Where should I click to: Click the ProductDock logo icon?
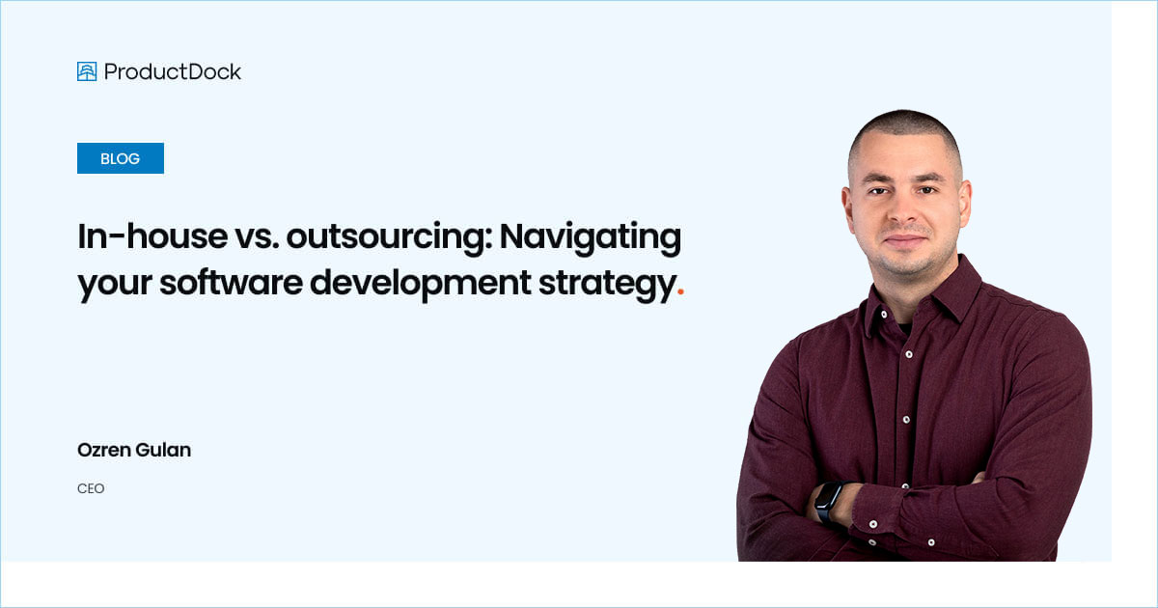point(87,71)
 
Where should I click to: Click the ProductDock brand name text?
point(173,71)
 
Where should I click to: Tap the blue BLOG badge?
point(121,158)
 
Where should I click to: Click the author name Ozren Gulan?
point(134,451)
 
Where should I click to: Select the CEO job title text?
point(91,489)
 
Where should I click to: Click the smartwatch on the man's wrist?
point(828,501)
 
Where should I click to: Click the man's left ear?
point(965,203)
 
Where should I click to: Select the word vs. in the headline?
point(254,237)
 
